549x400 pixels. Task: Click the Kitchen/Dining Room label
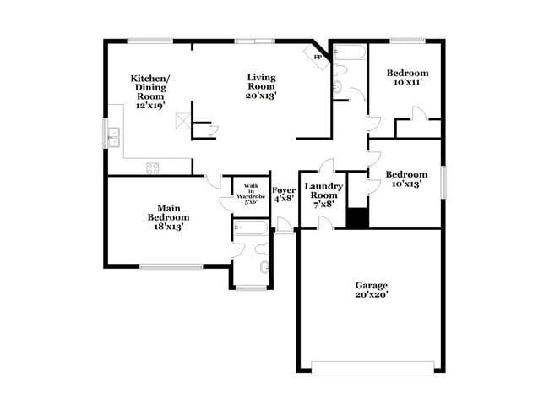tap(149, 91)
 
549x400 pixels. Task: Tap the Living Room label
tap(261, 86)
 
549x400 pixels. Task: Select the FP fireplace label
tap(318, 57)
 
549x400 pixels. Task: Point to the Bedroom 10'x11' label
tap(406, 78)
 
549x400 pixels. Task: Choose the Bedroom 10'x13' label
tap(406, 179)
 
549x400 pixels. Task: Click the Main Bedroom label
tap(166, 216)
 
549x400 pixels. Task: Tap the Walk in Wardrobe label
tap(251, 195)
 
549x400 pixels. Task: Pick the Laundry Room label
tap(323, 195)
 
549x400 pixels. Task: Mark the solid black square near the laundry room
tap(357, 217)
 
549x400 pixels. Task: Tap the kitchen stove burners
tap(153, 167)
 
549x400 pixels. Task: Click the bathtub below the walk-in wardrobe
tap(250, 227)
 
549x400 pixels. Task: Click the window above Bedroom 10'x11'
tap(406, 40)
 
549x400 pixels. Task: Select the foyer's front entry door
tap(285, 226)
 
